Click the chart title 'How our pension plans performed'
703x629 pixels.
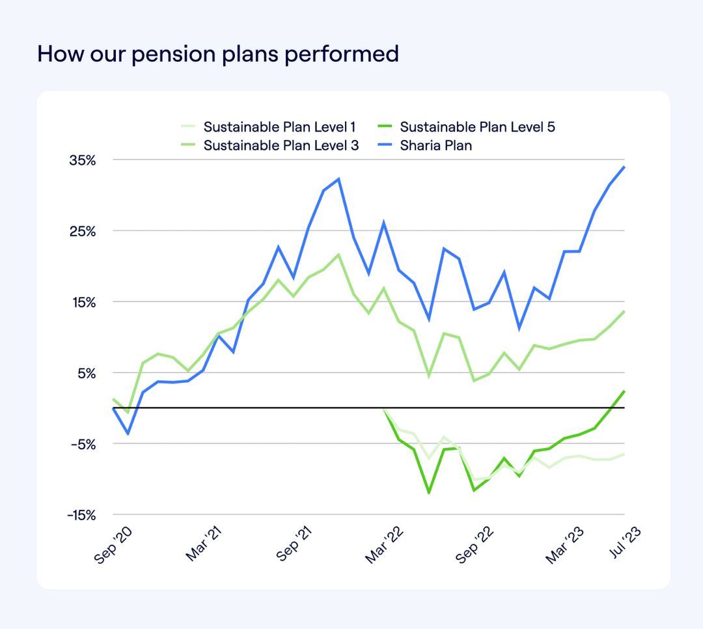click(x=218, y=53)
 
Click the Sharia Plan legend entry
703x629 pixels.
click(x=435, y=145)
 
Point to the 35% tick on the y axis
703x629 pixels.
click(x=83, y=160)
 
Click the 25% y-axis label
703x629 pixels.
click(x=83, y=231)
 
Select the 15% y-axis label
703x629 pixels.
click(x=84, y=302)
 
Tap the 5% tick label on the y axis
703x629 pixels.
click(x=87, y=373)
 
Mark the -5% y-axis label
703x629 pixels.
click(x=84, y=444)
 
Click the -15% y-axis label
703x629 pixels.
click(x=82, y=515)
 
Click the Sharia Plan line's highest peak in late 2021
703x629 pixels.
click(x=338, y=178)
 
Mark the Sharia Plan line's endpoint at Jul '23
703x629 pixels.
click(x=624, y=167)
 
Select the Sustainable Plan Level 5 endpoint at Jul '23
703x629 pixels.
click(x=624, y=391)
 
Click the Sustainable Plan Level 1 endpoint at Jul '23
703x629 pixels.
click(x=624, y=454)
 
